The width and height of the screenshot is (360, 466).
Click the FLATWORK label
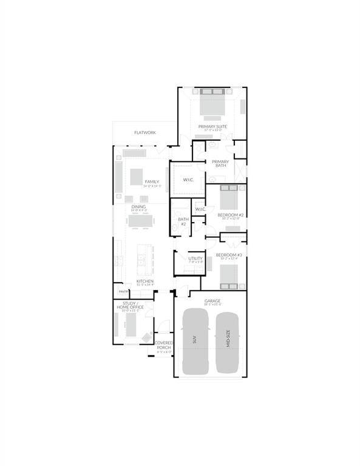[x=144, y=132]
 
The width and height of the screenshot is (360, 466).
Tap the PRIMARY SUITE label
[x=212, y=126]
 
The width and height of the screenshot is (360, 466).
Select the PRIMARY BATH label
[x=220, y=163]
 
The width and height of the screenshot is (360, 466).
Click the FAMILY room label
[x=151, y=182]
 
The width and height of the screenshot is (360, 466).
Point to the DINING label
[x=138, y=207]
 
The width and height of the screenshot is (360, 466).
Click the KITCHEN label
[x=144, y=282]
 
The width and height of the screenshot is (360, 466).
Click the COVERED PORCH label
[x=165, y=346]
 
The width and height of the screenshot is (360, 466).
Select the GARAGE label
[x=212, y=301]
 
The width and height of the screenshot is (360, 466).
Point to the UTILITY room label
[x=195, y=259]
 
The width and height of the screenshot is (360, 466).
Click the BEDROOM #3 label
[x=229, y=255]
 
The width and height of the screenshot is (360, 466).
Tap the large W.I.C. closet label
[x=188, y=180]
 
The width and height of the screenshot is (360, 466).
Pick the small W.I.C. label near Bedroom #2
[x=201, y=209]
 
